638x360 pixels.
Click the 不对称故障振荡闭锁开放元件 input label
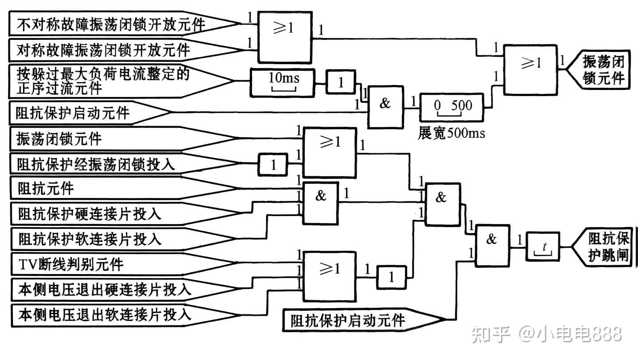click(x=111, y=24)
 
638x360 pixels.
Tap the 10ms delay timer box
click(x=283, y=82)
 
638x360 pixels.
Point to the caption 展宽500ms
click(x=451, y=133)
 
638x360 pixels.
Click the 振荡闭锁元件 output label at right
click(x=602, y=70)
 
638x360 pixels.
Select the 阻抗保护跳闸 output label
click(x=607, y=247)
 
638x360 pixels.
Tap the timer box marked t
click(x=543, y=246)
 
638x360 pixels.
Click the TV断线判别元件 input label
click(x=71, y=264)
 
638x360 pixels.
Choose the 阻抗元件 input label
click(x=46, y=189)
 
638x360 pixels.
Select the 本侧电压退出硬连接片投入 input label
click(x=105, y=290)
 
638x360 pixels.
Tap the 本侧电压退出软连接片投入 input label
click(x=105, y=315)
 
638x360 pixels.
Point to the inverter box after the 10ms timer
click(x=341, y=83)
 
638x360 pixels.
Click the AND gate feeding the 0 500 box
click(x=385, y=107)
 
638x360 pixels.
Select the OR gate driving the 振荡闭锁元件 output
click(x=530, y=70)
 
